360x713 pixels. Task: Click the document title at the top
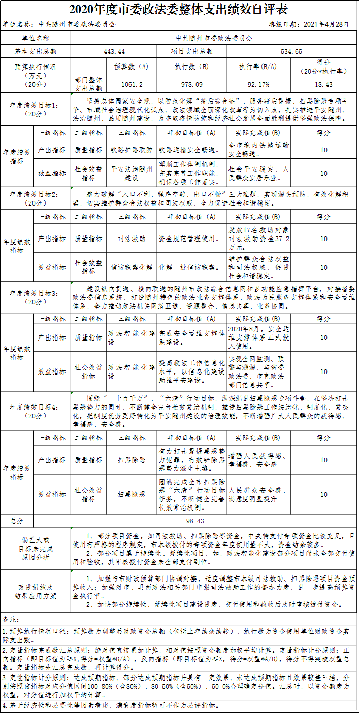point(180,9)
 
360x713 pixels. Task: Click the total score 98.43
point(195,521)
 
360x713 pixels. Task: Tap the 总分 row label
point(17,521)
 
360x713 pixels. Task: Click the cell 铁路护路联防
point(132,150)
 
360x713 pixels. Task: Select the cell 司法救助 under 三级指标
point(132,238)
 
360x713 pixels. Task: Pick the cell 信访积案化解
point(132,267)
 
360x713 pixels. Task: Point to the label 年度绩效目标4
point(36,411)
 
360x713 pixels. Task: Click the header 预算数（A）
point(132,66)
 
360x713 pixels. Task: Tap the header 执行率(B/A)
point(257,66)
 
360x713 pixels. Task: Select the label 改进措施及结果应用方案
point(36,591)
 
